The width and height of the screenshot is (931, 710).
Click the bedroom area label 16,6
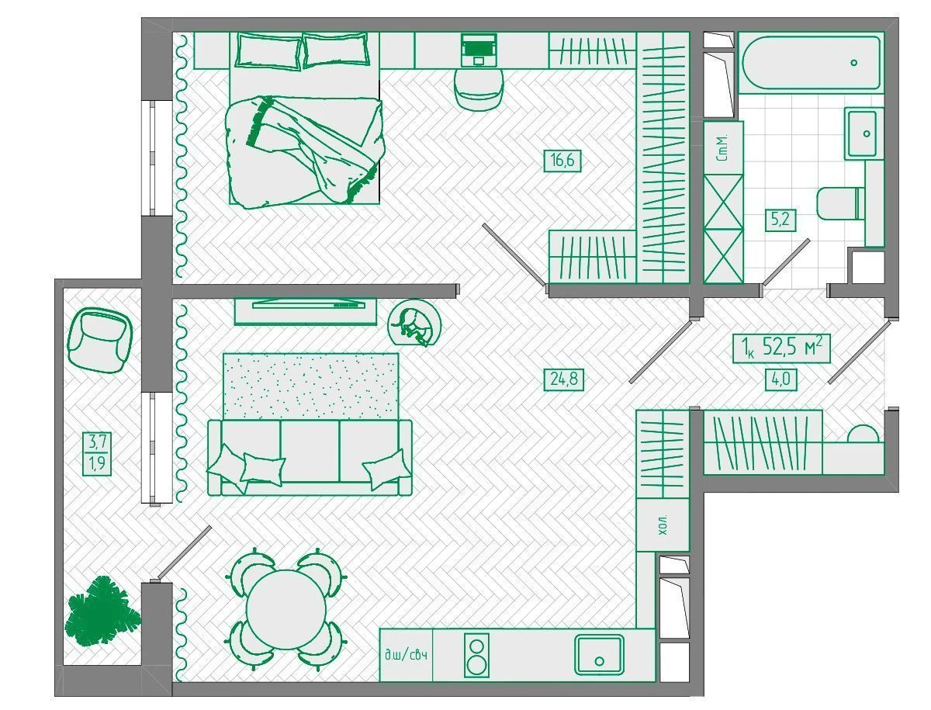coord(562,161)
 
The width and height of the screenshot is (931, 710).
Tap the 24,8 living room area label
coord(564,379)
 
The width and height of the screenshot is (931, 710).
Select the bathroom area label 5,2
coord(780,220)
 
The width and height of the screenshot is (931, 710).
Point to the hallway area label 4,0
coord(780,379)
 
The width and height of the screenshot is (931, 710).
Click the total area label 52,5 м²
coord(781,348)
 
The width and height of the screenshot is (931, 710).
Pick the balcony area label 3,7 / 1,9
coord(97,453)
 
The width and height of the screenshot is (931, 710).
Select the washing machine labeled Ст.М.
coord(723,147)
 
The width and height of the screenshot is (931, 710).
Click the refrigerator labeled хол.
coord(663,525)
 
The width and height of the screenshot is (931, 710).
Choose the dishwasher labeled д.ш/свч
coord(406,655)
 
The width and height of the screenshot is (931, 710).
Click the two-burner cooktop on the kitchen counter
coord(476,655)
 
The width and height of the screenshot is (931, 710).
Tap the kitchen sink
coord(599,654)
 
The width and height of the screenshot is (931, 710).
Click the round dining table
coord(286,611)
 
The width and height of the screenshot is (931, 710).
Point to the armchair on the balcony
coord(100,340)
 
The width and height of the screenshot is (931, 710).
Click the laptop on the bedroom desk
coord(479,50)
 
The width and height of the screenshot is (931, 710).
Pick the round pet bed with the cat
coord(414,324)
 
